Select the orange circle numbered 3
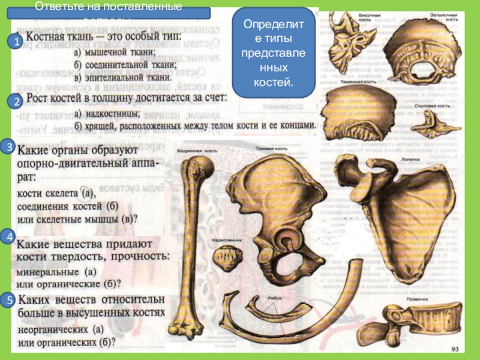9,146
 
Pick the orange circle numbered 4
9,238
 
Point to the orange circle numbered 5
9,299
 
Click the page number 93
454,349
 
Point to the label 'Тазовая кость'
269,148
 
